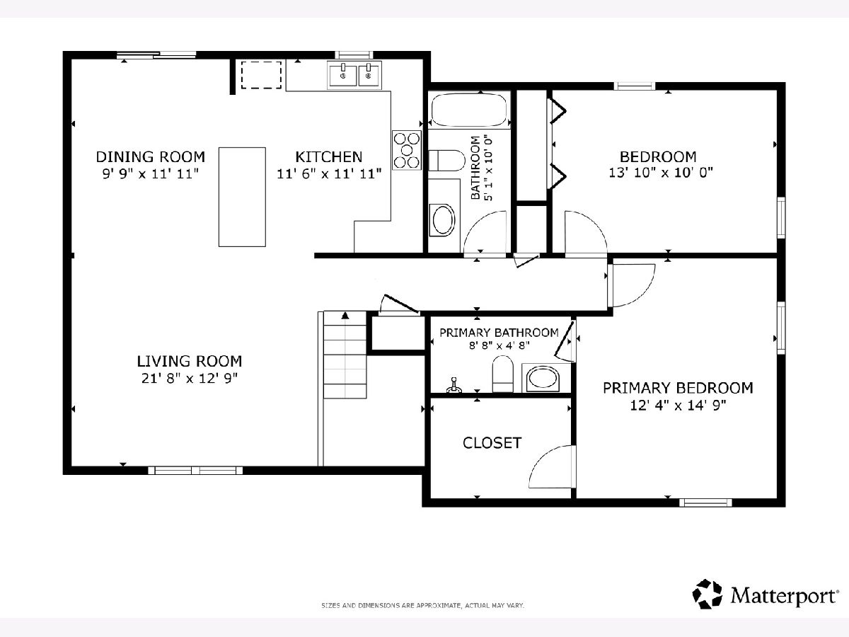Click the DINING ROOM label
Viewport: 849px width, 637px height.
tap(151, 157)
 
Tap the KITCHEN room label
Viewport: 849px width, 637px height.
tap(329, 157)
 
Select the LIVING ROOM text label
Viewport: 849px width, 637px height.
tap(190, 361)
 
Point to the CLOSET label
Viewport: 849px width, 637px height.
tap(492, 443)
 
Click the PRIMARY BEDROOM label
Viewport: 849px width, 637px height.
tap(678, 388)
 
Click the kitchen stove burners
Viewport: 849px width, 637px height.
tap(407, 150)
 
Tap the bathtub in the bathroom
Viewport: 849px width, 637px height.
tap(469, 110)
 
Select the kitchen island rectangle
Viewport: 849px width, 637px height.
tap(242, 197)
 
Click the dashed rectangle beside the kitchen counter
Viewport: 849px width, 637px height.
tap(262, 74)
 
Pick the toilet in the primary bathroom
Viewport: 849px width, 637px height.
tap(502, 374)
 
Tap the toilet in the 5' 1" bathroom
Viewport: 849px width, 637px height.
tap(446, 161)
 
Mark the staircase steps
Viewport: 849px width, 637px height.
tap(345, 355)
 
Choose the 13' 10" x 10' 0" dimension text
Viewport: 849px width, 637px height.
tap(661, 173)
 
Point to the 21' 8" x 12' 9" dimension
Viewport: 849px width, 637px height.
tap(190, 378)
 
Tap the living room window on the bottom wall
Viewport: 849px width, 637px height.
tap(195, 470)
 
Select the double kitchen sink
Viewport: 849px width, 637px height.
tap(354, 75)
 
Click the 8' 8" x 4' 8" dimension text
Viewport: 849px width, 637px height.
tap(499, 345)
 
